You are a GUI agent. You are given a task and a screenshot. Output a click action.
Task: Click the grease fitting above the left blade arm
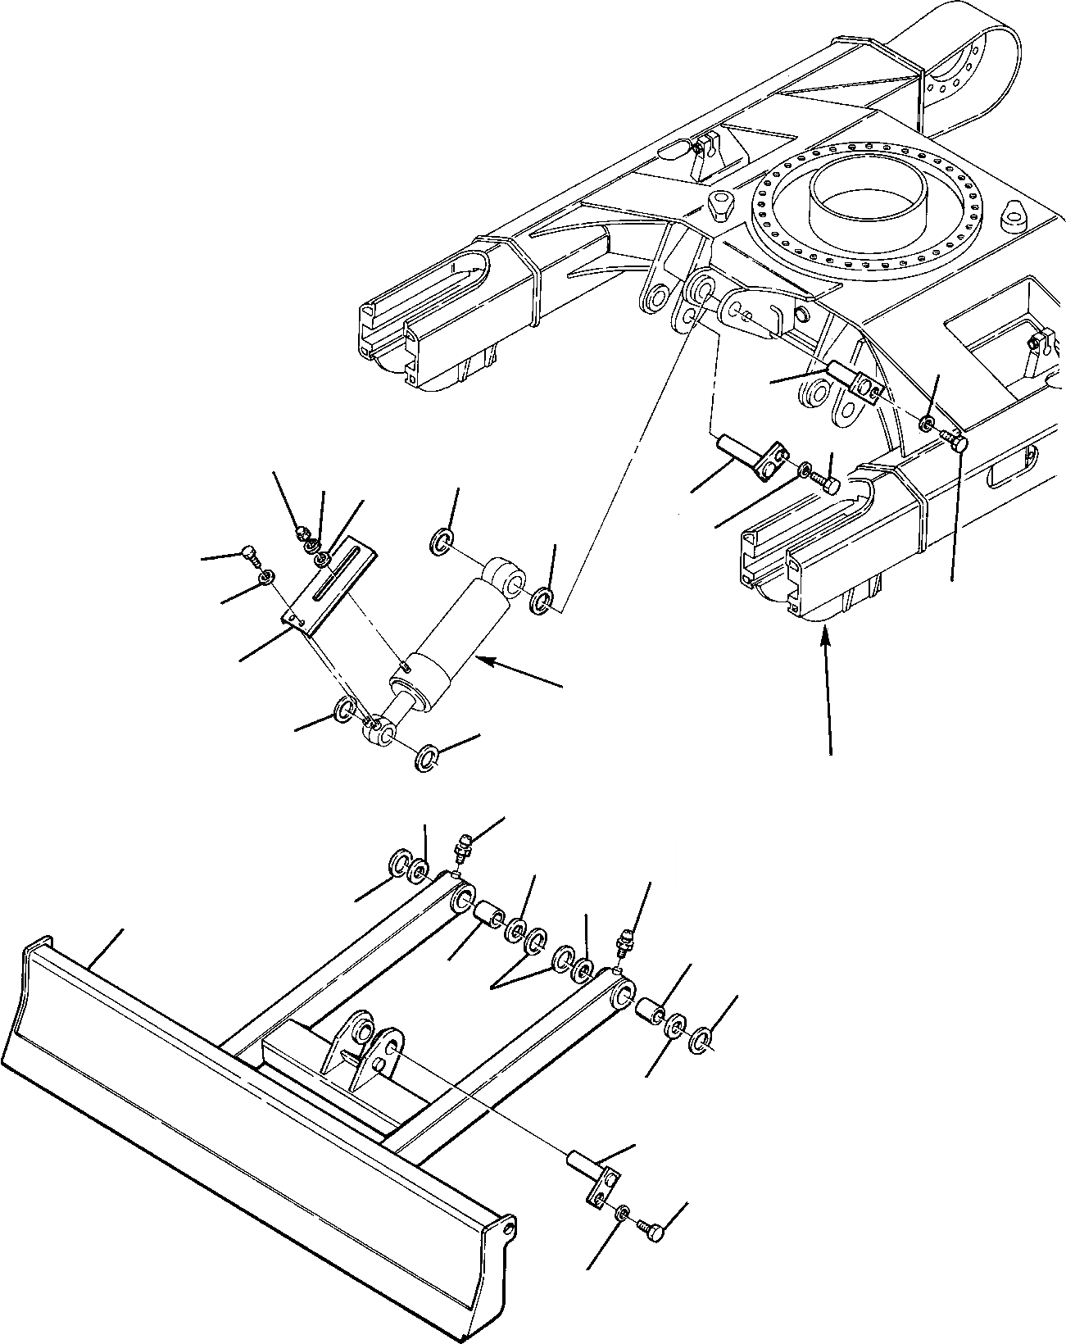point(460,847)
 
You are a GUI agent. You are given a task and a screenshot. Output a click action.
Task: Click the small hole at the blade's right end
point(510,1226)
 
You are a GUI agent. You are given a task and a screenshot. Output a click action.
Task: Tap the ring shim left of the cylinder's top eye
point(441,542)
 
